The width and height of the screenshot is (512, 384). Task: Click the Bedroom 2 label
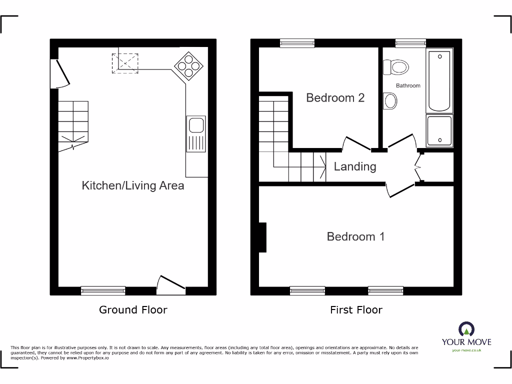pyautogui.click(x=335, y=98)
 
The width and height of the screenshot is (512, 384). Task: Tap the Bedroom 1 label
pyautogui.click(x=355, y=236)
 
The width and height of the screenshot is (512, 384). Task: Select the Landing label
pyautogui.click(x=354, y=166)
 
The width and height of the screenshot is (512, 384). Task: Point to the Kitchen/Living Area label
pyautogui.click(x=133, y=186)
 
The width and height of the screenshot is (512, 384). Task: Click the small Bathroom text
pyautogui.click(x=408, y=86)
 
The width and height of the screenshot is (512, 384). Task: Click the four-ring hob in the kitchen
pyautogui.click(x=186, y=66)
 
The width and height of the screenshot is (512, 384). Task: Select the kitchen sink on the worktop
pyautogui.click(x=196, y=133)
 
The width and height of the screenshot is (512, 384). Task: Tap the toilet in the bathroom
pyautogui.click(x=395, y=66)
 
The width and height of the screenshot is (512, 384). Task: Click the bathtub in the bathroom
pyautogui.click(x=439, y=80)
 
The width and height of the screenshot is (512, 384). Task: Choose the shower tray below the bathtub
pyautogui.click(x=439, y=131)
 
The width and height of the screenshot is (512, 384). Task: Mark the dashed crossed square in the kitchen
pyautogui.click(x=125, y=64)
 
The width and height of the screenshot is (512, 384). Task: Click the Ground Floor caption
pyautogui.click(x=133, y=310)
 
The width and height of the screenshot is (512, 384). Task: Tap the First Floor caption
pyautogui.click(x=356, y=310)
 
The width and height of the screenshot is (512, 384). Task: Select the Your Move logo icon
pyautogui.click(x=466, y=329)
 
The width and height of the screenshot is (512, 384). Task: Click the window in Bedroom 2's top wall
pyautogui.click(x=297, y=43)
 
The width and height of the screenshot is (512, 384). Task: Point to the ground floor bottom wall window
pyautogui.click(x=103, y=291)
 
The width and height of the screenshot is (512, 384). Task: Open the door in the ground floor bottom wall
pyautogui.click(x=170, y=284)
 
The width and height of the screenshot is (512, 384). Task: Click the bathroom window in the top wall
pyautogui.click(x=410, y=43)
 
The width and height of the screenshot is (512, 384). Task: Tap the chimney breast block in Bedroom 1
pyautogui.click(x=262, y=237)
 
